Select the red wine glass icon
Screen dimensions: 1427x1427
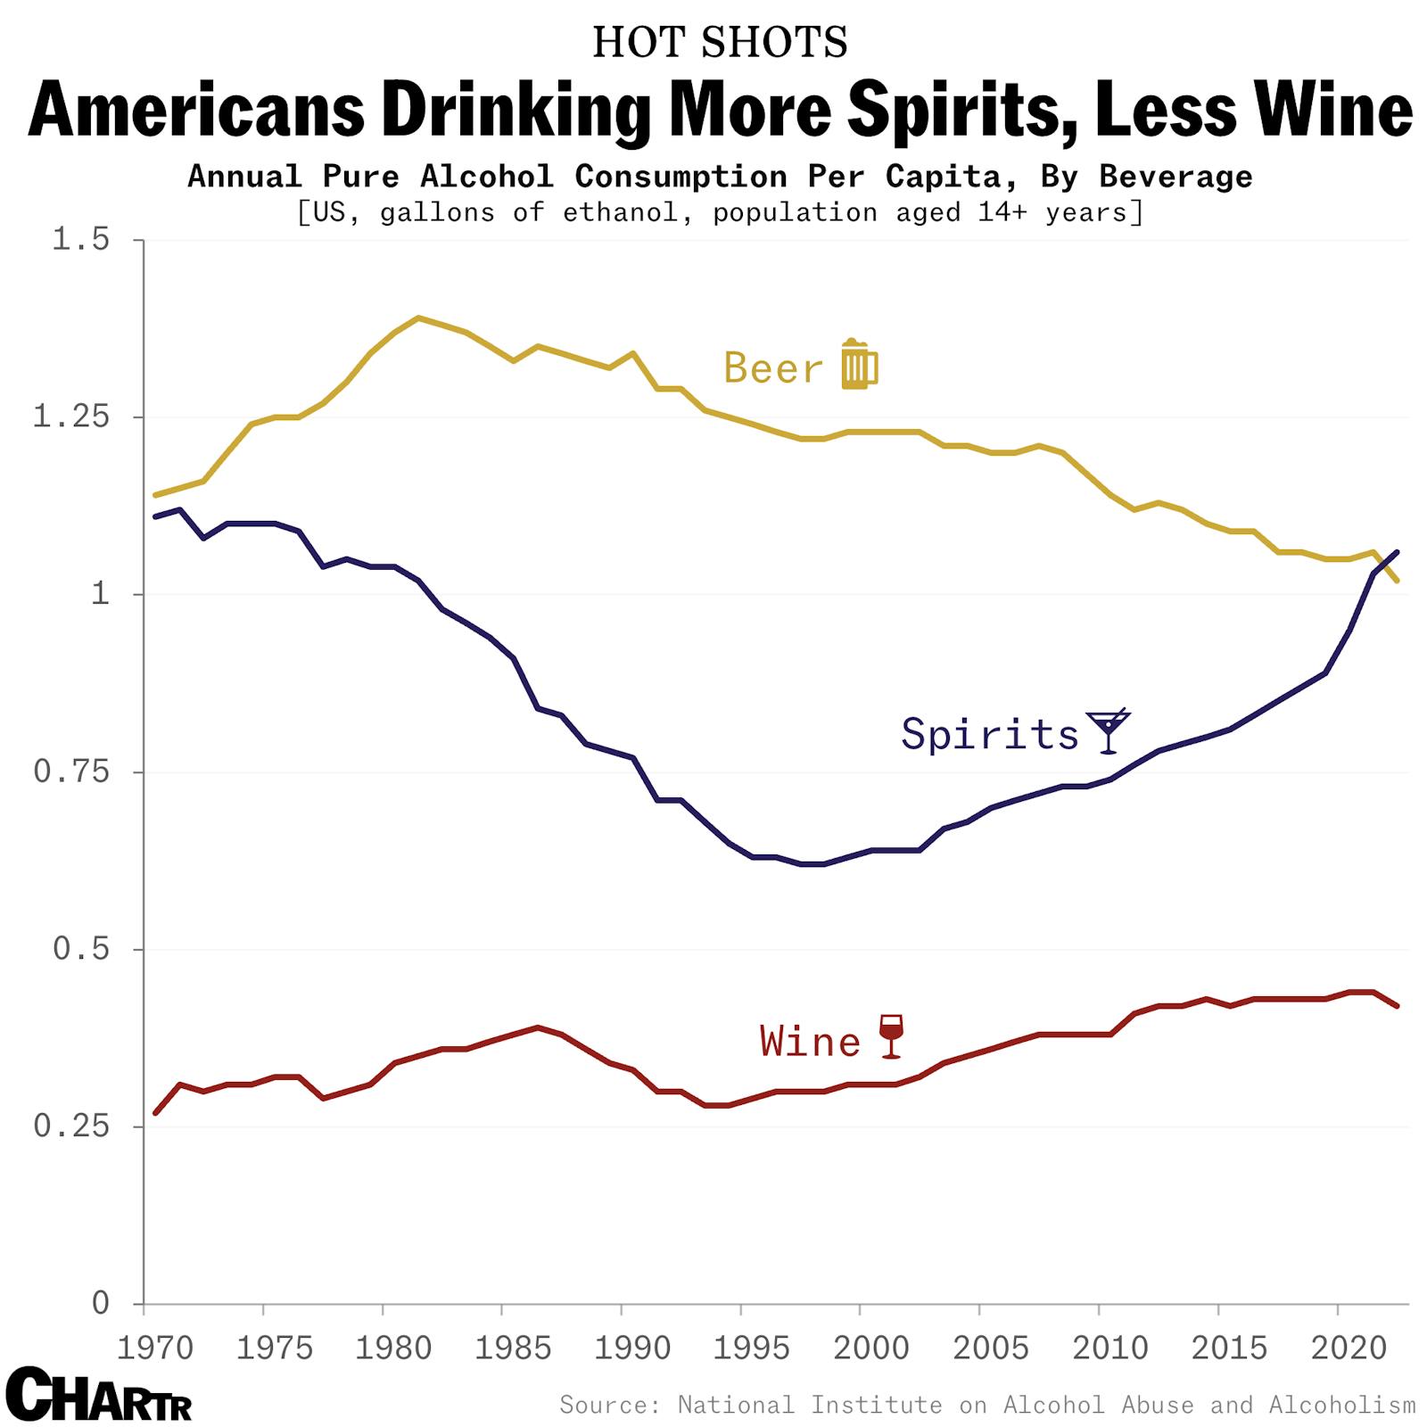coord(891,1036)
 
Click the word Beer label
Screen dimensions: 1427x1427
coord(773,368)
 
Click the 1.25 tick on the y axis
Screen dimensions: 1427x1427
coord(70,417)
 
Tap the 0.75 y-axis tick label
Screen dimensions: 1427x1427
coord(70,771)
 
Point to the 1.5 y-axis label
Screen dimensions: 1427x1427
coord(80,239)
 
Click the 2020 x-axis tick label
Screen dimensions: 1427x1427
coord(1348,1348)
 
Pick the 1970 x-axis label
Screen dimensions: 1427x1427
coord(155,1348)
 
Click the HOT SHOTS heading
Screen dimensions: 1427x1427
coord(720,42)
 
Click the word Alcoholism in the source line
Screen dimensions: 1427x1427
coord(1341,1406)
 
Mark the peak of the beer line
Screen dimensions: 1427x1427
coord(418,318)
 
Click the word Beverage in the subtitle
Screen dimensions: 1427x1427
coord(1175,177)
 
